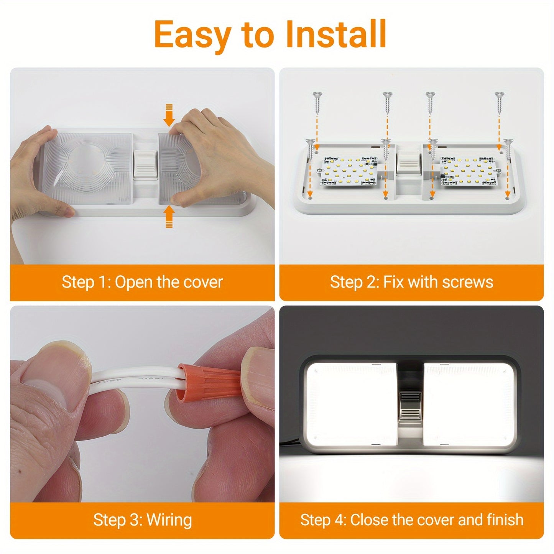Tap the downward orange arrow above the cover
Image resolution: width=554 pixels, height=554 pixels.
[169, 115]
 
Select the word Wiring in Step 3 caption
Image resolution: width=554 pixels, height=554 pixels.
[169, 520]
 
